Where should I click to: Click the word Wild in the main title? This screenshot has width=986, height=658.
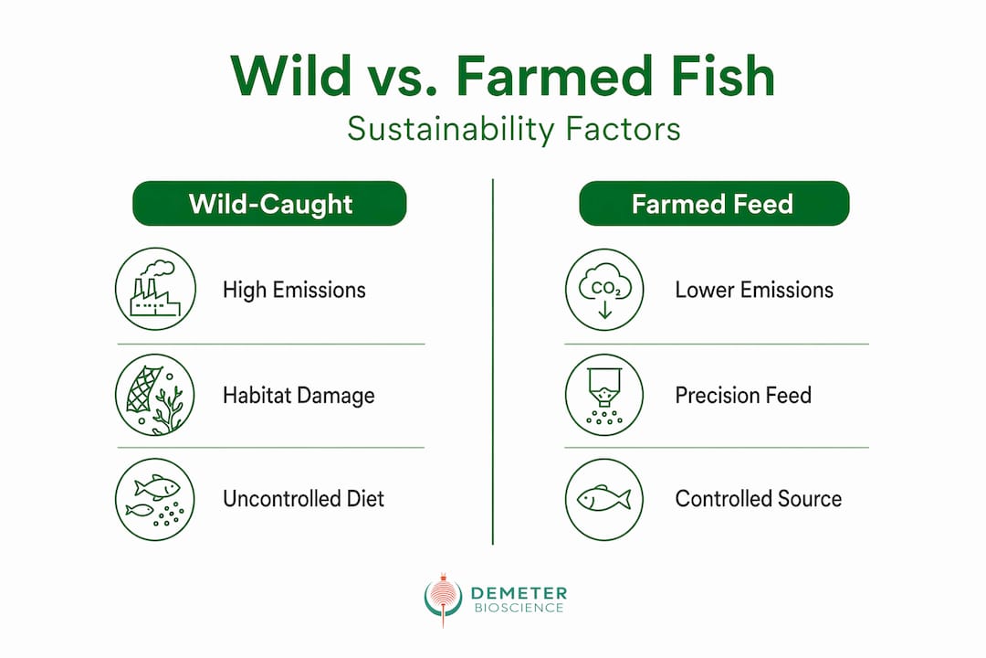tap(291, 76)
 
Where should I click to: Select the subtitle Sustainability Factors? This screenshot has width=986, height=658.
tap(514, 129)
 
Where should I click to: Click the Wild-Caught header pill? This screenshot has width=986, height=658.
tap(269, 204)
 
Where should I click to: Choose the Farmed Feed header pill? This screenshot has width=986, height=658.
tap(714, 204)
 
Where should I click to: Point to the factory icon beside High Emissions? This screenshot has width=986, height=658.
tap(155, 289)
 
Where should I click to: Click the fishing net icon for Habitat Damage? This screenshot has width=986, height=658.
tap(155, 395)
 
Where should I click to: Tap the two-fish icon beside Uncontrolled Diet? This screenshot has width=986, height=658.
tap(155, 499)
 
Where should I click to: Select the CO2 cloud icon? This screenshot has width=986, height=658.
tap(604, 289)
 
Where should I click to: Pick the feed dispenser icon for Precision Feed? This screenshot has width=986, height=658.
tap(604, 395)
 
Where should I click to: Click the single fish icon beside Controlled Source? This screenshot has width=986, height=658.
tap(604, 499)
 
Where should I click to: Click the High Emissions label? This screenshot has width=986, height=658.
tap(294, 290)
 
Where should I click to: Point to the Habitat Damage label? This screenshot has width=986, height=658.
tap(299, 396)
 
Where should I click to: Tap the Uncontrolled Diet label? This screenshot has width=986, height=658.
tap(303, 499)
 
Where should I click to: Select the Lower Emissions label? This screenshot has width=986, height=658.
tap(754, 290)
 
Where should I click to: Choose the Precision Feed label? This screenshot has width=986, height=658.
tap(743, 396)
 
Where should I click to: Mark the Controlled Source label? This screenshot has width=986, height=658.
tap(759, 499)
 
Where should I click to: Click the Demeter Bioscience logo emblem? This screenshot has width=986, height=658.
tap(444, 599)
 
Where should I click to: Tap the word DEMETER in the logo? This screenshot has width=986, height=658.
tap(519, 593)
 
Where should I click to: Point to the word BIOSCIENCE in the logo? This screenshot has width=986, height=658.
tap(519, 609)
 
